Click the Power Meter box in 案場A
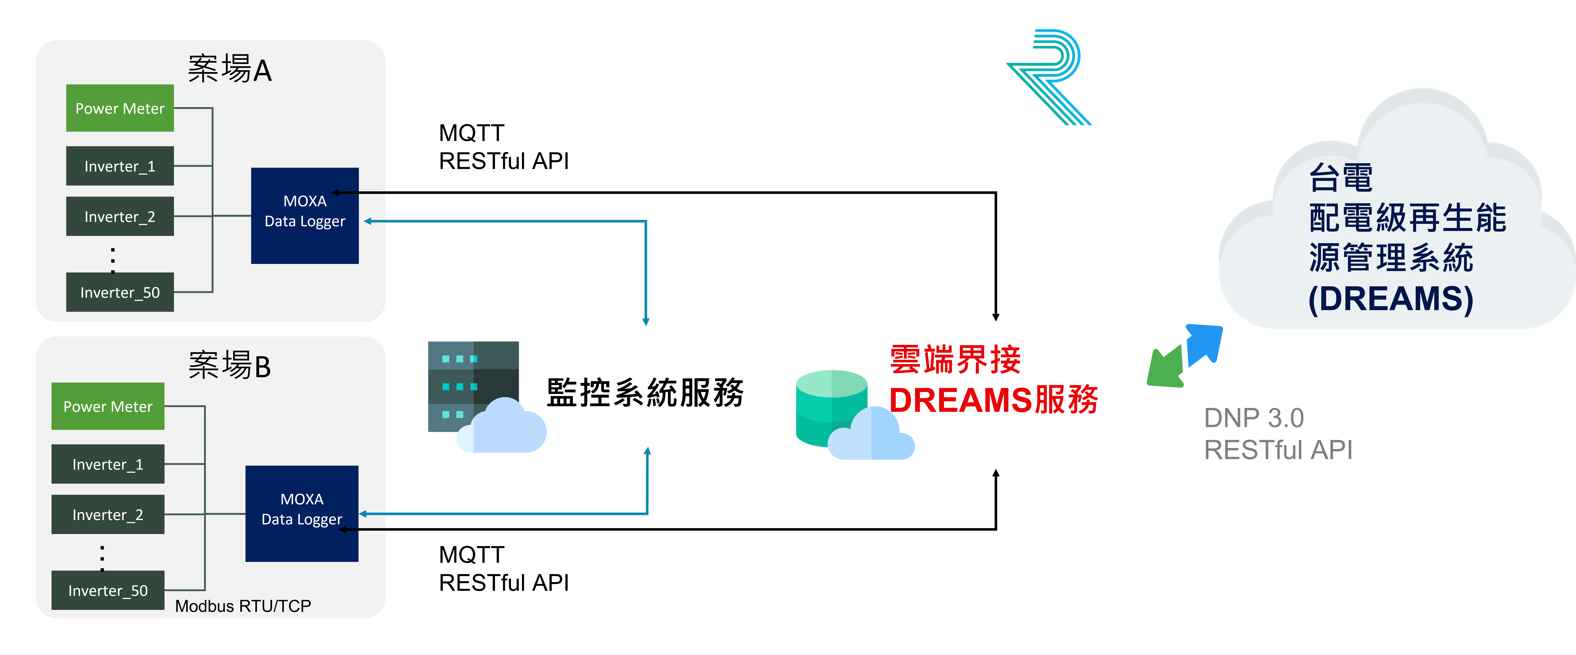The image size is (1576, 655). point(120,108)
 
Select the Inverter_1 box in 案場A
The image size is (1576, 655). point(120,166)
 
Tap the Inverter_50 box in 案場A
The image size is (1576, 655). point(120,292)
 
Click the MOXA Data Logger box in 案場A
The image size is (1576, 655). point(305,216)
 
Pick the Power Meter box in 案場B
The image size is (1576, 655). point(108,406)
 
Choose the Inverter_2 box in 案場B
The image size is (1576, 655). point(108,514)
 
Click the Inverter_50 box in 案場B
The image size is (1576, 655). point(108,590)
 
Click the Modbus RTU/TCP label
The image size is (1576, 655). point(243,606)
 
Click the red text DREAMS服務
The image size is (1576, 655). point(994,400)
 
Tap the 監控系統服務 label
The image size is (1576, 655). point(645,392)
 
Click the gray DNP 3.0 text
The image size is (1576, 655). point(1254,418)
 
